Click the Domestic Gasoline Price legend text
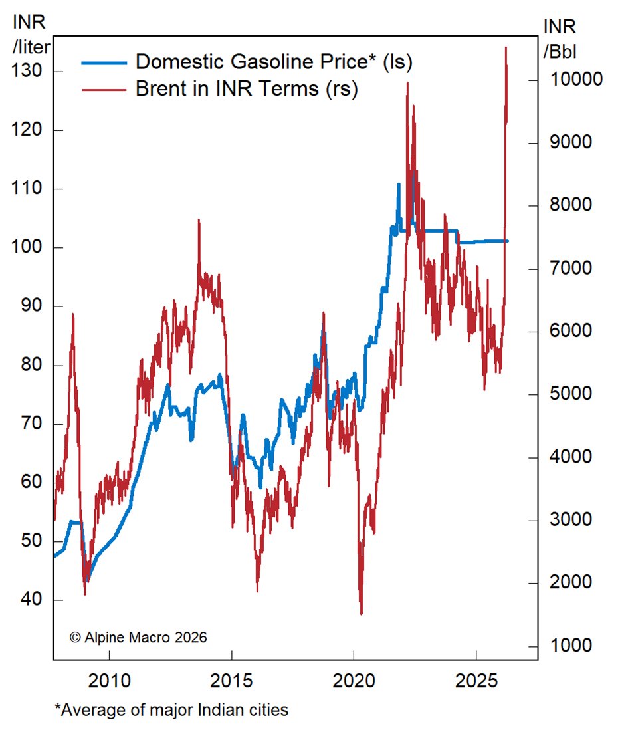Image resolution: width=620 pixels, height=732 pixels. pyautogui.click(x=274, y=62)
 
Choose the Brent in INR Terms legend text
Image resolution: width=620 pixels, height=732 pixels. pyautogui.click(x=247, y=89)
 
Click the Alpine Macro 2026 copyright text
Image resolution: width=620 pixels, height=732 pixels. pyautogui.click(x=138, y=637)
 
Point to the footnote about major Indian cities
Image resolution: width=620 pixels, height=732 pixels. pyautogui.click(x=171, y=710)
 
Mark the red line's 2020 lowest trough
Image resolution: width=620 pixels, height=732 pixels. pyautogui.click(x=362, y=614)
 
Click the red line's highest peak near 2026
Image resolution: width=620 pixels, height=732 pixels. pyautogui.click(x=506, y=47)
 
